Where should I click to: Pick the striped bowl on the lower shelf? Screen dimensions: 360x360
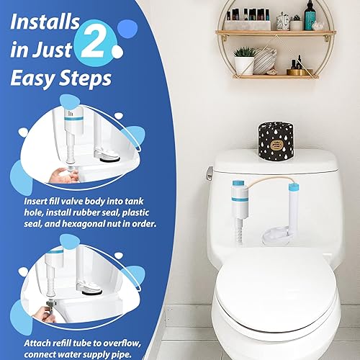[x=265, y=60]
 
